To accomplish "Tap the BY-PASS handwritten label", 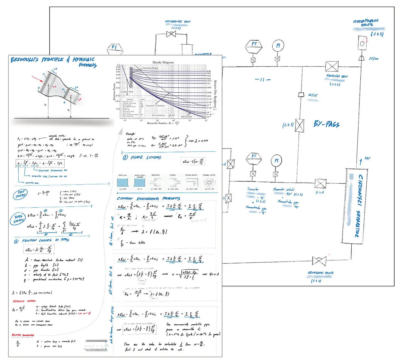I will (x=326, y=124).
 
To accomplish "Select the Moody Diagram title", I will (x=163, y=62).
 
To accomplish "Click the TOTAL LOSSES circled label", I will (x=19, y=219).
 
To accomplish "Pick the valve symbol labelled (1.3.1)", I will (x=299, y=125).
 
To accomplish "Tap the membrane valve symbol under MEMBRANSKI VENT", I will (x=171, y=34).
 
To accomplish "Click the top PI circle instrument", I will (x=278, y=46).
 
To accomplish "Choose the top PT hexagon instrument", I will (x=254, y=45).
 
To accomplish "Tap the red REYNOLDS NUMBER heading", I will (x=24, y=301).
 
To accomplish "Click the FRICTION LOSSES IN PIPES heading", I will (x=46, y=240).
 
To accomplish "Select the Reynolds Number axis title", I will (x=163, y=123).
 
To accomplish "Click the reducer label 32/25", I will (x=312, y=95).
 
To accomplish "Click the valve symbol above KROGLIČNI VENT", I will (x=332, y=66).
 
